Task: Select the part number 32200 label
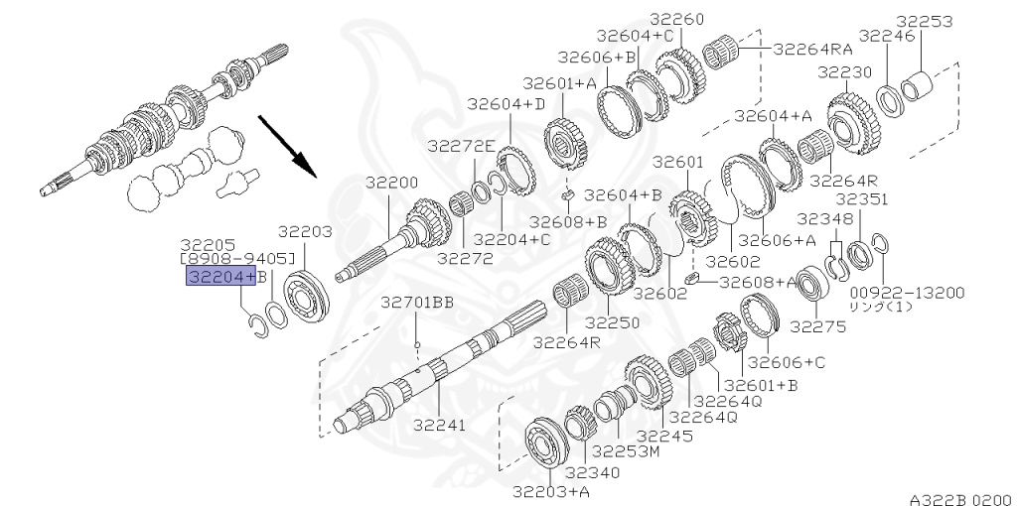(391, 183)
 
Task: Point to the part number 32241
(440, 425)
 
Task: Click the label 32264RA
(813, 49)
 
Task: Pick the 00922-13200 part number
(908, 293)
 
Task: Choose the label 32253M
(626, 450)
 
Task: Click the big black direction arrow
(287, 146)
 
